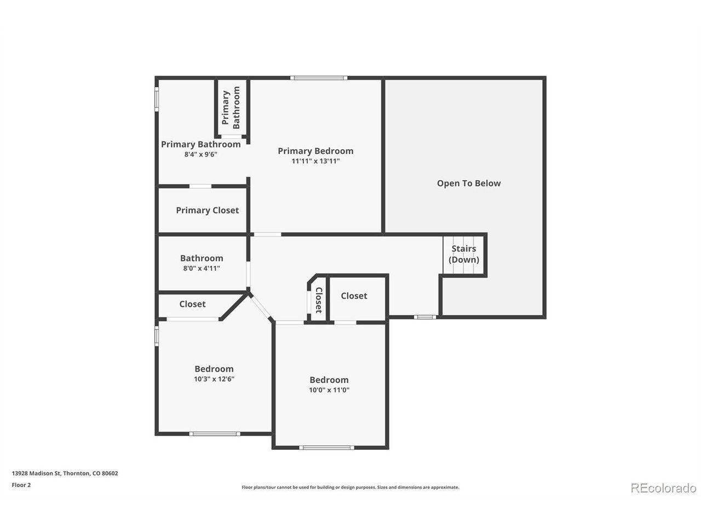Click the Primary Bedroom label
click(315, 151)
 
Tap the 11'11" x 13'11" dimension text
click(315, 161)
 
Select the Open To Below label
click(468, 184)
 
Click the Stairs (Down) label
click(463, 254)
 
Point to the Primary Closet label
click(207, 210)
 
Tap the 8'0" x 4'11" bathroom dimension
click(202, 268)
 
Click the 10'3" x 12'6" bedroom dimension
click(214, 379)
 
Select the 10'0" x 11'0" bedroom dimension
click(329, 390)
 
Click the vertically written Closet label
click(319, 300)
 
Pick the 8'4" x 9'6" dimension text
click(200, 155)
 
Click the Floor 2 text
click(21, 485)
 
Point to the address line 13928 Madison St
click(65, 473)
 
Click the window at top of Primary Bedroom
click(319, 78)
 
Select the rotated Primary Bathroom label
click(231, 107)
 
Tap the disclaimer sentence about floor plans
click(350, 487)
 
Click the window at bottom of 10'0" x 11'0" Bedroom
click(326, 448)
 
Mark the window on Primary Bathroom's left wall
click(157, 99)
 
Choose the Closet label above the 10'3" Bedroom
click(192, 304)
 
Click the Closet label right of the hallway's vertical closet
click(354, 296)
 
